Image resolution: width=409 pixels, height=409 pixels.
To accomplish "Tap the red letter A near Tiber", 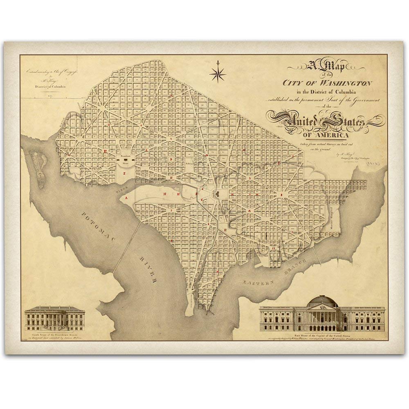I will click(x=126, y=198).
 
